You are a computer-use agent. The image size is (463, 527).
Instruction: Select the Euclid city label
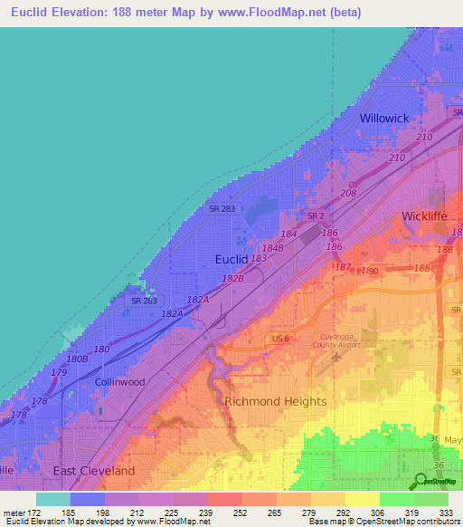[231, 259]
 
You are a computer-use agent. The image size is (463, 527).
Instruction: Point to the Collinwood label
[120, 382]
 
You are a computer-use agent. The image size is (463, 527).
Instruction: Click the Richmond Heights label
[275, 401]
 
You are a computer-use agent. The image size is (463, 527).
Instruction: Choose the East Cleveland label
[93, 471]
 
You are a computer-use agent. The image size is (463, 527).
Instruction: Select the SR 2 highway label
[315, 216]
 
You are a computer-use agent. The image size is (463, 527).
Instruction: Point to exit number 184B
[272, 247]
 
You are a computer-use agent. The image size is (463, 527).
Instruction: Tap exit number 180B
[77, 359]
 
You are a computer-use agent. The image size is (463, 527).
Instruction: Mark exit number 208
[349, 194]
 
